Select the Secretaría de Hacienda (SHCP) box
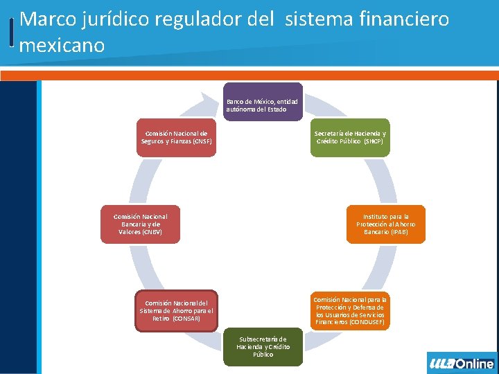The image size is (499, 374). [x=350, y=137]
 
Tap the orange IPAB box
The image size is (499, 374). [x=385, y=224]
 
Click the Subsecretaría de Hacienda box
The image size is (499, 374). [x=263, y=346]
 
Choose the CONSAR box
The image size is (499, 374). [x=176, y=310]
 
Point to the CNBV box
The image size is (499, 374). [x=140, y=224]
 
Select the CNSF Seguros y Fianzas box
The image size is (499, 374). [x=176, y=137]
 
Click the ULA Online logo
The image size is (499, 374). [x=462, y=363]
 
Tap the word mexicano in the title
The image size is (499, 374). [x=62, y=46]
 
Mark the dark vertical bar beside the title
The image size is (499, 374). [x=12, y=32]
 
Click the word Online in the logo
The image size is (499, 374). [x=475, y=364]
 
